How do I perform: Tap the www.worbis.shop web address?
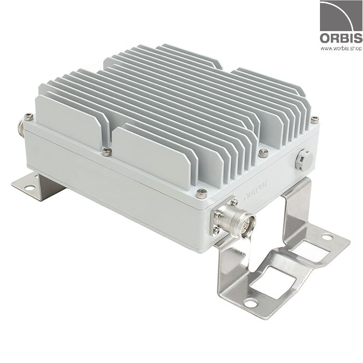point(341,49)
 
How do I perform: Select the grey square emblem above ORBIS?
point(340,17)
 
